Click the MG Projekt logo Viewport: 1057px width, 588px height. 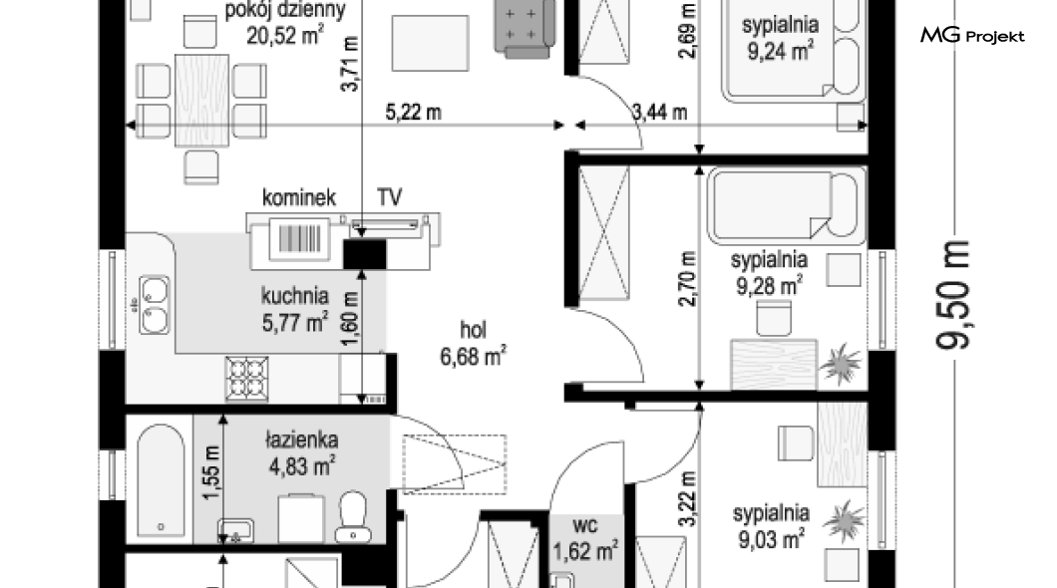(972, 35)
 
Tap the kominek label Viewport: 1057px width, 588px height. (298, 198)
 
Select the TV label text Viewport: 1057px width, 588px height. (390, 197)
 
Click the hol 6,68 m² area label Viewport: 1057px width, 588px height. (474, 344)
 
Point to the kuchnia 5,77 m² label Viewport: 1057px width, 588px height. (294, 309)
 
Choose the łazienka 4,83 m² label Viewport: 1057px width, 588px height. (301, 452)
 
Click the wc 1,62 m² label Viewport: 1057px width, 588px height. (584, 538)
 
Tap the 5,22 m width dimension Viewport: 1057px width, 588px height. (413, 112)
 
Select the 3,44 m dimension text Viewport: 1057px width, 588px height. (660, 112)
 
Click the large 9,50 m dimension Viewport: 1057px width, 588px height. (952, 295)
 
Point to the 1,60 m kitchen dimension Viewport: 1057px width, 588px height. (350, 319)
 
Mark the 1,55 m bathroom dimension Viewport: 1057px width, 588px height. (211, 473)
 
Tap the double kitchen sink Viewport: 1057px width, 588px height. (155, 304)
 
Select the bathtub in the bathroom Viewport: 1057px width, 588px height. (162, 479)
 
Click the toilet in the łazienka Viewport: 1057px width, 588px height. (353, 516)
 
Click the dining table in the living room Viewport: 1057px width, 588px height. (201, 100)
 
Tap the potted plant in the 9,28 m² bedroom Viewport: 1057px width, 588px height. (841, 365)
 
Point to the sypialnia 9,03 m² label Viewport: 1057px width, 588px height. (771, 526)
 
